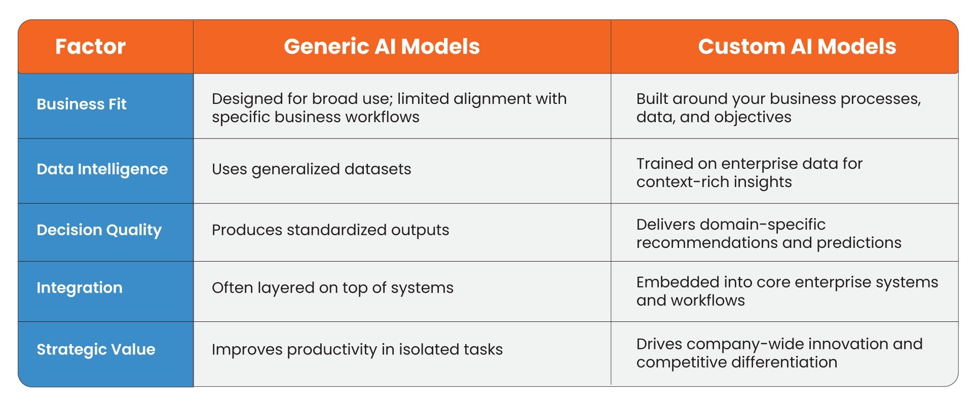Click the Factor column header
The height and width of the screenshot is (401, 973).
(x=90, y=47)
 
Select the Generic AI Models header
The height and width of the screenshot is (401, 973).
(x=382, y=47)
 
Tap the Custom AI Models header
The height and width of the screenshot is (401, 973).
(x=797, y=47)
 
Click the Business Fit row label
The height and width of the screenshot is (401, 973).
(x=82, y=104)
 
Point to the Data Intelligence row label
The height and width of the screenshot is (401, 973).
(x=102, y=169)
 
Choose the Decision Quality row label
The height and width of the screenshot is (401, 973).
(x=99, y=230)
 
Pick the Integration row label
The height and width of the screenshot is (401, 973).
(x=80, y=288)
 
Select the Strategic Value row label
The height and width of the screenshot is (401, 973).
(x=96, y=350)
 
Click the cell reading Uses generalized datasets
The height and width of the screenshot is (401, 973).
(x=311, y=169)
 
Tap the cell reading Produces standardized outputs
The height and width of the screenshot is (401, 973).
(x=330, y=230)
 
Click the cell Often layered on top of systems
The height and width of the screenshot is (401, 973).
(x=332, y=288)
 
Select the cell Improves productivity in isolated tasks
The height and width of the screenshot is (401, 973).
(x=357, y=350)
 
